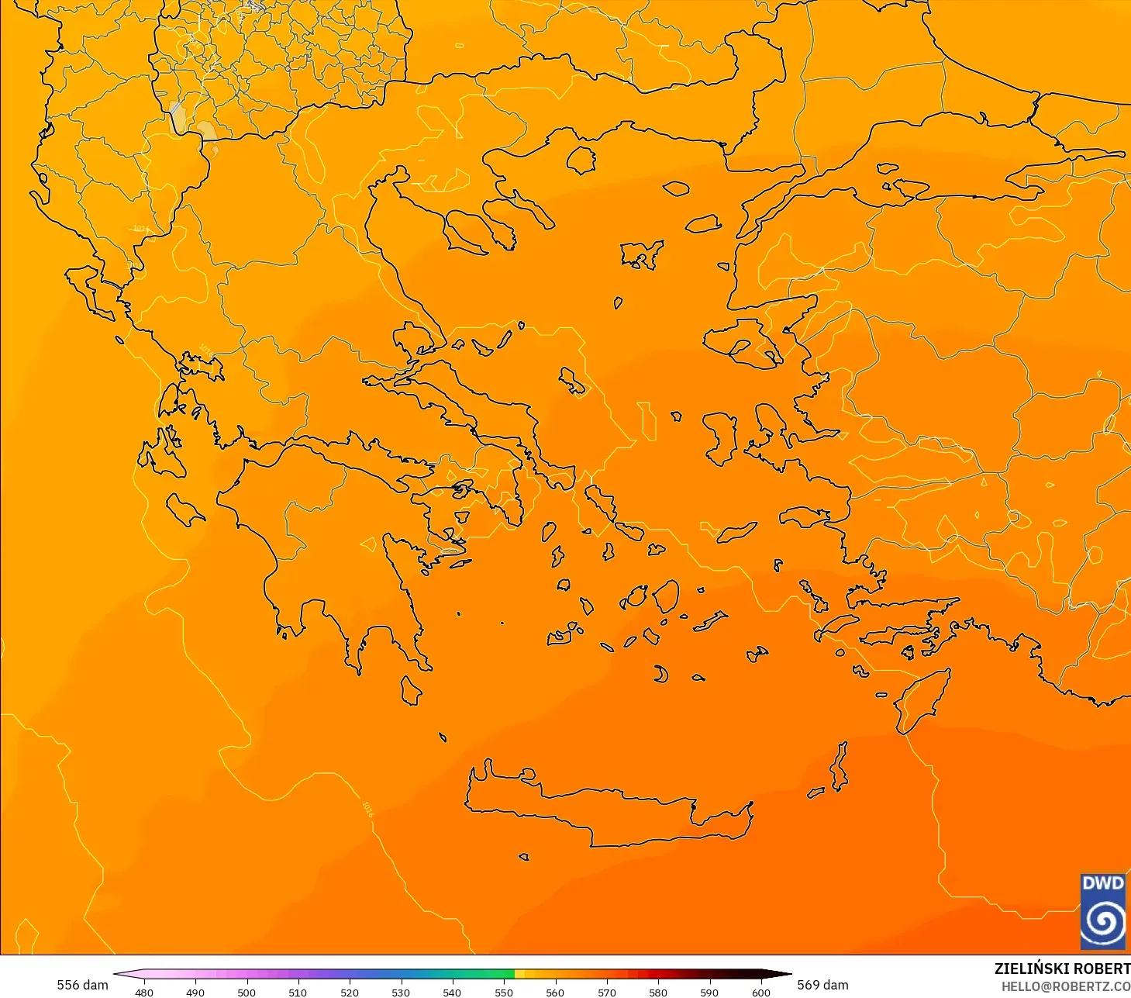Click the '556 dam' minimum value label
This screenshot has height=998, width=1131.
[x=82, y=985]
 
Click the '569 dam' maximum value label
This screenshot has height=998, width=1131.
[x=822, y=985]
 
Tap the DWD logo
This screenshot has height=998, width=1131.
[x=1102, y=911]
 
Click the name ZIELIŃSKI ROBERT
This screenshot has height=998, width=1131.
[x=1062, y=969]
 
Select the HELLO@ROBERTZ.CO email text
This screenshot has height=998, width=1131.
[x=1065, y=986]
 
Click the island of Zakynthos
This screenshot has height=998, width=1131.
[x=184, y=509]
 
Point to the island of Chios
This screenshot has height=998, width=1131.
[x=719, y=438]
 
